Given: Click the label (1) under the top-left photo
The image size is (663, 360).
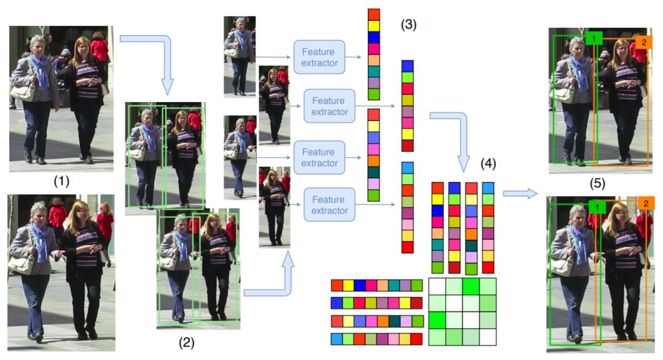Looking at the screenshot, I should coord(61,182).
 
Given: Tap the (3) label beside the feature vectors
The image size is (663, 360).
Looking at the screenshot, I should coord(409,26).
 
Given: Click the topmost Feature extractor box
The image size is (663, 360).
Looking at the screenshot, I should coord(320,57).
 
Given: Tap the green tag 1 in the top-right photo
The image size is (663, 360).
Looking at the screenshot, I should coord(594,39).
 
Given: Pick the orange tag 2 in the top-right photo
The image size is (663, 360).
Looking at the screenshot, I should coord(643,42).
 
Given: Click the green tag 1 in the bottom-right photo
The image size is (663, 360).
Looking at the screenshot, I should coord(596,208).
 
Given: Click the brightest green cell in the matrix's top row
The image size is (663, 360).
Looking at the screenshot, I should coord(471,287).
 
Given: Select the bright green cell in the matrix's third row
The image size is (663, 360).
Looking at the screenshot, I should coord(436,321).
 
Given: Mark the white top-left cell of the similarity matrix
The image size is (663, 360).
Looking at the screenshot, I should coord(436,287).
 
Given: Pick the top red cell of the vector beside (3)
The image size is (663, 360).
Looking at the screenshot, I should coord(373,15).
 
